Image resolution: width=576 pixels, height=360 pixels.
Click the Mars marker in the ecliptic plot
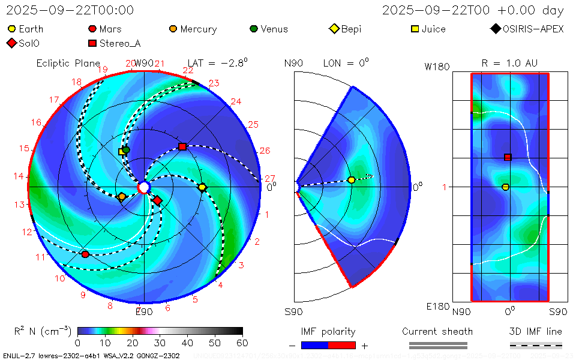point(85,254)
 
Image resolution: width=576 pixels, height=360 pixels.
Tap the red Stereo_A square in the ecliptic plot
point(182,147)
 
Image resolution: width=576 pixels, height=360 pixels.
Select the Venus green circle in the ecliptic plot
point(126,149)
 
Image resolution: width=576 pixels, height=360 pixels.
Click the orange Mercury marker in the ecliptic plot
point(122,196)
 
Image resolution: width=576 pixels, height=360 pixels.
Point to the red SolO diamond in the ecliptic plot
point(157,200)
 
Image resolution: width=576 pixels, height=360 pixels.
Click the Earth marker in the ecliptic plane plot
point(202,187)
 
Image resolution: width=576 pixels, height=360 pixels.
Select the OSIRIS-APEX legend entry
point(527,29)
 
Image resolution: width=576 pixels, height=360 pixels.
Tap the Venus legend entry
point(268,29)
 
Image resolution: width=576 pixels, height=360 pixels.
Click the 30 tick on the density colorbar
point(160,343)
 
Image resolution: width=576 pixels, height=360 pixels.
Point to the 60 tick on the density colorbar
point(242,343)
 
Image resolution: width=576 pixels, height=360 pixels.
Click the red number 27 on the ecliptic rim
point(269,178)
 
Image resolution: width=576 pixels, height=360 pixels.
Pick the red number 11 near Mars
point(41,257)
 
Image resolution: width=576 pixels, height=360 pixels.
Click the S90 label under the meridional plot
point(293,311)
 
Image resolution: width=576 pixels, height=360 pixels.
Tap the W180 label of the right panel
point(437,67)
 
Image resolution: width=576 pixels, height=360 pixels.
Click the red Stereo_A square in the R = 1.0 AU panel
point(508,157)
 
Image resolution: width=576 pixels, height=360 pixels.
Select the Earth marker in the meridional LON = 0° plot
point(352,180)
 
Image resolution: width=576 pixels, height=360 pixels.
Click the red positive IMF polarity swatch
point(342,345)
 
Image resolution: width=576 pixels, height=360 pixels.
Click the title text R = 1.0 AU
point(509,63)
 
